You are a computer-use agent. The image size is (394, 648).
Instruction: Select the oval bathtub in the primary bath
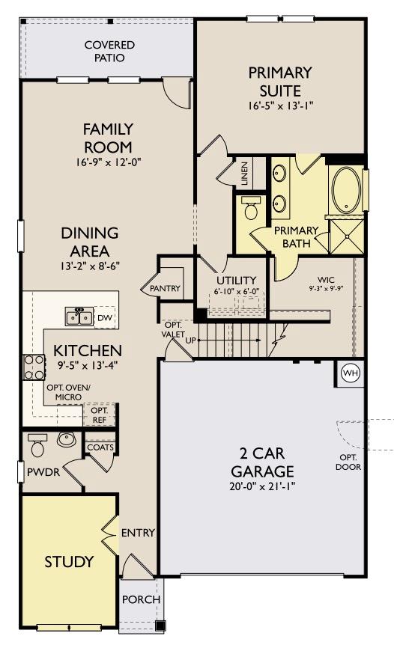345,190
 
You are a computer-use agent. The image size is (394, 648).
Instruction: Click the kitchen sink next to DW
79,317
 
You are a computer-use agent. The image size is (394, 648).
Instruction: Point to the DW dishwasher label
104,318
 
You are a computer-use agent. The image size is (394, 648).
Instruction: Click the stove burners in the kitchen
34,368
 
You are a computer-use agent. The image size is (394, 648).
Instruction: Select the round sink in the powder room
67,439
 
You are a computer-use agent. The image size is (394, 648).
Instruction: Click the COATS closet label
100,447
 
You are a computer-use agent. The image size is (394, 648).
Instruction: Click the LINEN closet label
244,177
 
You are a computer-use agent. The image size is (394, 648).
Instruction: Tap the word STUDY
69,561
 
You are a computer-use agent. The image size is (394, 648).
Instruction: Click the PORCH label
141,600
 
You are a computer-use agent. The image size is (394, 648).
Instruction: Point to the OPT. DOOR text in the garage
349,462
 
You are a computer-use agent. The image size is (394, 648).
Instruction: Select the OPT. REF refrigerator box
100,415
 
